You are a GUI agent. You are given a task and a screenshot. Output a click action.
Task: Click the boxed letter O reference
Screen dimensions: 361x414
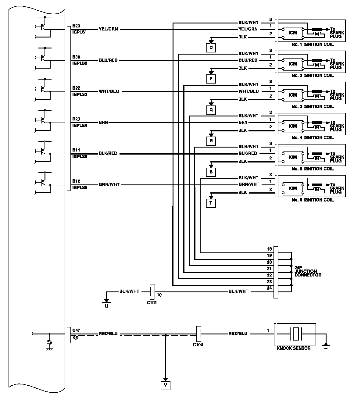(211, 48)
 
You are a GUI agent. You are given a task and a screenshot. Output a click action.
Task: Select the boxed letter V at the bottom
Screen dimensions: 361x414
(165, 385)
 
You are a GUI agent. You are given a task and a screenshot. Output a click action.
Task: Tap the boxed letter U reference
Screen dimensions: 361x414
(106, 306)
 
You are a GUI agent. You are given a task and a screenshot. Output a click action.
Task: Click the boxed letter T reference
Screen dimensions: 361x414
(211, 203)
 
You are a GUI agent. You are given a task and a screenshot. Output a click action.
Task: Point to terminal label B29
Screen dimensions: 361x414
(76, 26)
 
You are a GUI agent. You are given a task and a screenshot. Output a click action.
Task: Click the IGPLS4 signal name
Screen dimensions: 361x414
(80, 126)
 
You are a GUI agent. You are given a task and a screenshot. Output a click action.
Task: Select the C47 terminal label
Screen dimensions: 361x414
(76, 330)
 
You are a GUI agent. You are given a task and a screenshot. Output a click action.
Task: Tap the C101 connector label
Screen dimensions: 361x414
(152, 302)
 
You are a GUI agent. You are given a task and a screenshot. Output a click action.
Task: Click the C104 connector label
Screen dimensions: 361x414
(198, 344)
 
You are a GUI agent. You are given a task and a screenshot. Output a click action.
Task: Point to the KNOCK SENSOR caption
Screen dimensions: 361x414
(293, 348)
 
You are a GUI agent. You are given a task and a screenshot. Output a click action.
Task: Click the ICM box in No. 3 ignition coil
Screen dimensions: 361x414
(293, 95)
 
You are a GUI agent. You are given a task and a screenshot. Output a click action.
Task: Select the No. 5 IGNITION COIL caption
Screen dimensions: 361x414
(313, 169)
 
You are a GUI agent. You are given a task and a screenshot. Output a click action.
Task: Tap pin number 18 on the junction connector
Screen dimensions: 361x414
(269, 249)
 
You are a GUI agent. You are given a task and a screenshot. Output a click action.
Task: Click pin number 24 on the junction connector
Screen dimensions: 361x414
(269, 288)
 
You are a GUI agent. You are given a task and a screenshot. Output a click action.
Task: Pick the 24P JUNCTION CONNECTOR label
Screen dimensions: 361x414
(308, 271)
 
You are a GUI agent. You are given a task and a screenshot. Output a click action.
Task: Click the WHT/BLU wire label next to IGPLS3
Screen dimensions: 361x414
(109, 91)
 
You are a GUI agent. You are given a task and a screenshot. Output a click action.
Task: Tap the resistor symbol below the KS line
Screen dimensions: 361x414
(49, 342)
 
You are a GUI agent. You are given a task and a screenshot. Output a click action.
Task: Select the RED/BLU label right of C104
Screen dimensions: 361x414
(238, 334)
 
